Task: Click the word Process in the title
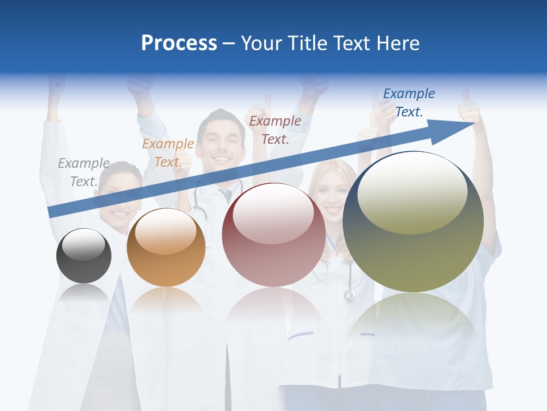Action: [179, 43]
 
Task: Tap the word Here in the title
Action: [398, 43]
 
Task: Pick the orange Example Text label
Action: [168, 153]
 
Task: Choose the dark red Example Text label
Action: [275, 130]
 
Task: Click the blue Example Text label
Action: [409, 103]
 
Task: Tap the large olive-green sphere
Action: [413, 257]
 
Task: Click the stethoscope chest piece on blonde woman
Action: [349, 295]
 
